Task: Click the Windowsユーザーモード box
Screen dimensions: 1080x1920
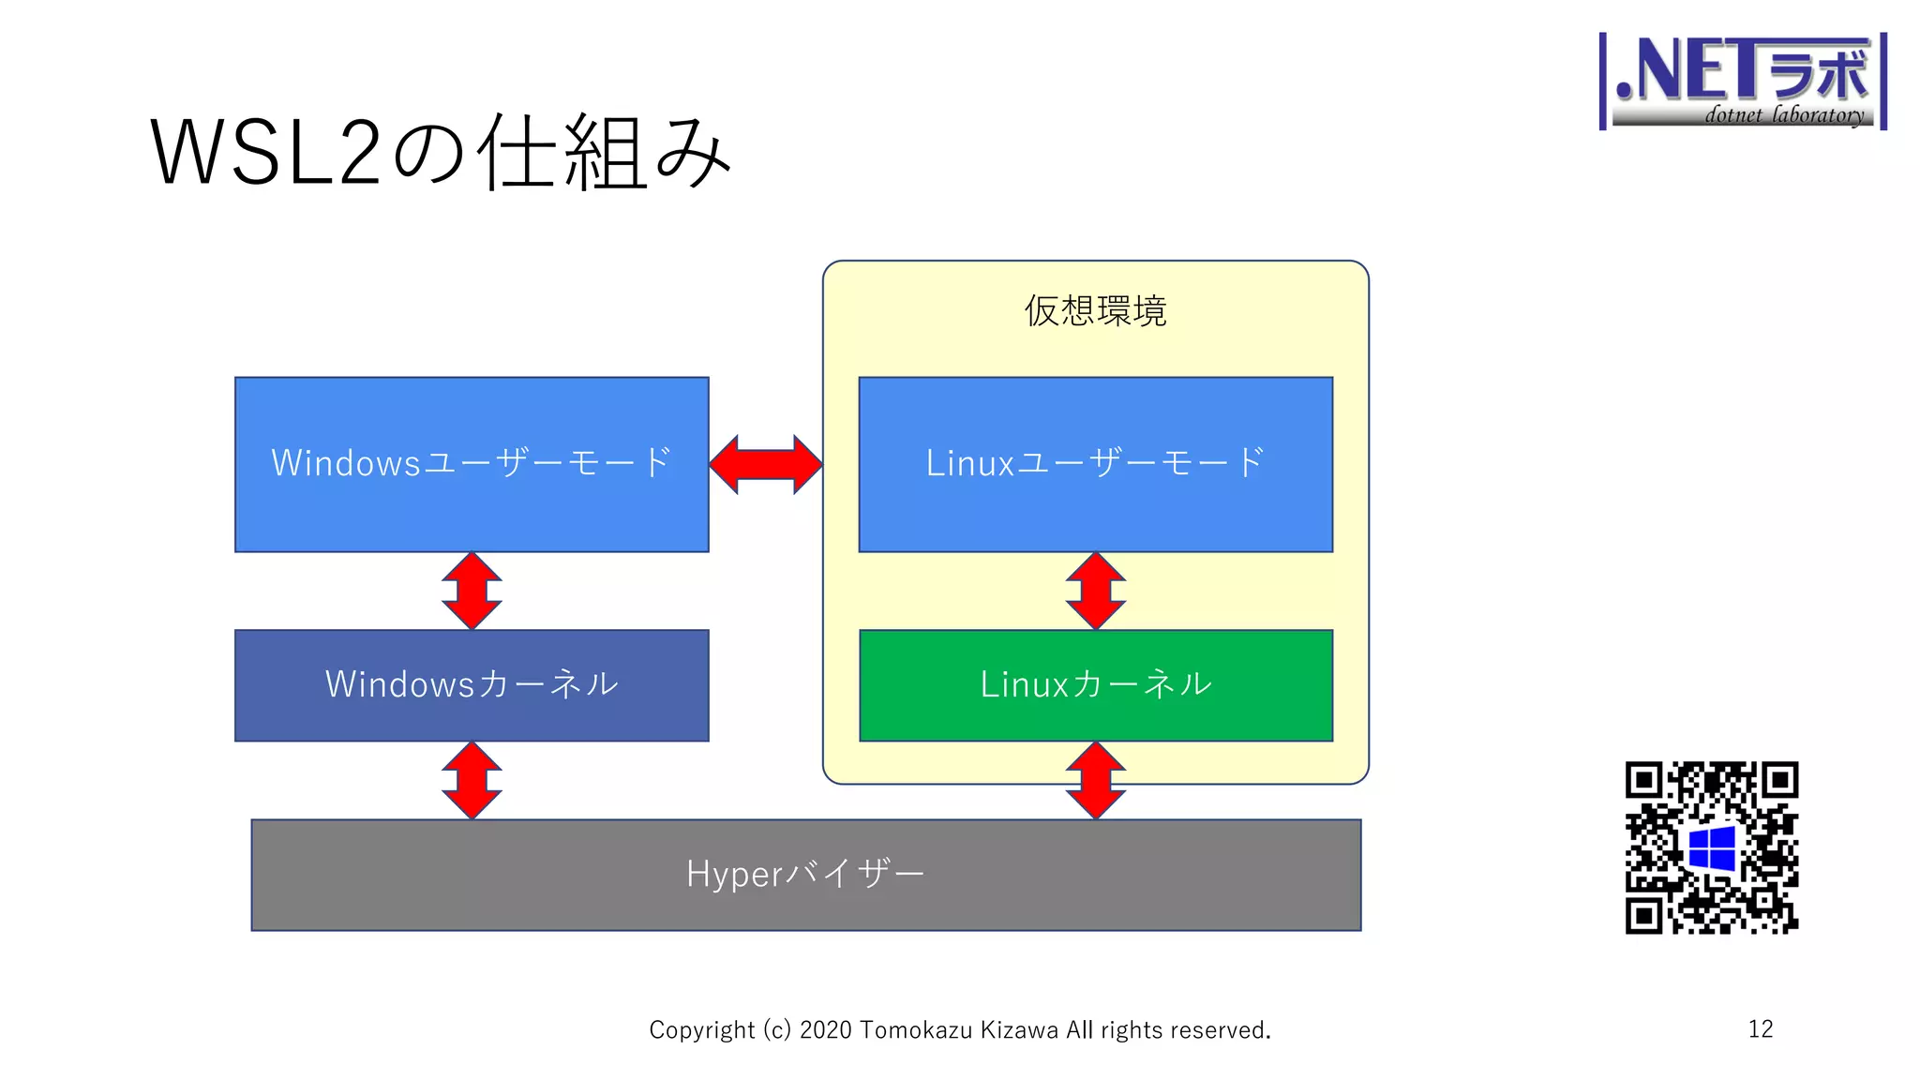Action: click(x=472, y=464)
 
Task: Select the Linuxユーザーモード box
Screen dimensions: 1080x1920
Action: click(x=1095, y=464)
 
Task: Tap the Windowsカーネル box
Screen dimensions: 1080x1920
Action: click(x=472, y=685)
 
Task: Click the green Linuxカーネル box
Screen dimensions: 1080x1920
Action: click(x=1095, y=685)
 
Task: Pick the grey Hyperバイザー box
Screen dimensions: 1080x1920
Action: click(x=805, y=875)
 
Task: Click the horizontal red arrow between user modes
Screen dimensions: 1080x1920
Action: click(x=765, y=464)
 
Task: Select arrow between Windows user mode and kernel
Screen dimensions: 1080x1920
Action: click(x=472, y=591)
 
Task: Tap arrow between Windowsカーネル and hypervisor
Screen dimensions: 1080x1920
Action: click(x=472, y=780)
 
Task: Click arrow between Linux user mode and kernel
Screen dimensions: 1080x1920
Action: click(x=1095, y=591)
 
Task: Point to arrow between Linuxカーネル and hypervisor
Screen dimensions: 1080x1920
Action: click(x=1095, y=780)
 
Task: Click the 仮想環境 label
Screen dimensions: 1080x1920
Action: click(x=1095, y=311)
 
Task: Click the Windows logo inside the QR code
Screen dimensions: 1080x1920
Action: click(x=1712, y=848)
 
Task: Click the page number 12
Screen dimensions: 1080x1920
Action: click(x=1760, y=1029)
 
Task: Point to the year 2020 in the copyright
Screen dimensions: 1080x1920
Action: click(x=825, y=1030)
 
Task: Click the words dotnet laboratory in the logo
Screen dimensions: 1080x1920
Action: click(x=1783, y=115)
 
